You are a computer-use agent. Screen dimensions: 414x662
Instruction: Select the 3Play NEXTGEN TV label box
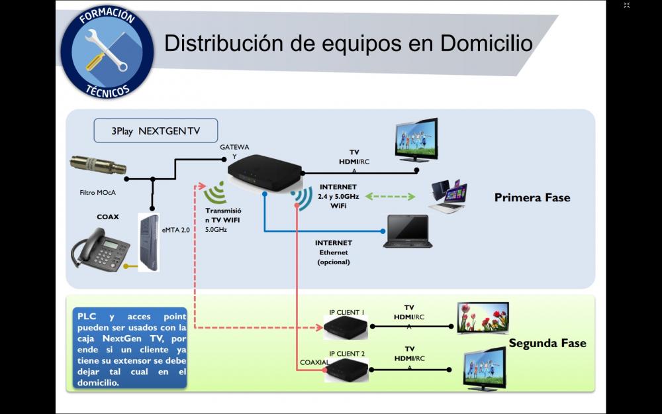pyautogui.click(x=156, y=131)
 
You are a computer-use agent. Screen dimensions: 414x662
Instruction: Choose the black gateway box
pyautogui.click(x=263, y=172)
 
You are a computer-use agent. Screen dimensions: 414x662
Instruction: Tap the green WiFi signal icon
pyautogui.click(x=216, y=194)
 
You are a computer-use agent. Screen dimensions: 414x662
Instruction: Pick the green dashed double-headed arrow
pyautogui.click(x=391, y=197)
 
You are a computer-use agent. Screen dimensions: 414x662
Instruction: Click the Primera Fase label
pyautogui.click(x=532, y=197)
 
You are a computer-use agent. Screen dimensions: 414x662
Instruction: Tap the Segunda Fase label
pyautogui.click(x=547, y=343)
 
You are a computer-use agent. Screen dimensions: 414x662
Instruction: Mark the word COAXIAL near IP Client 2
pyautogui.click(x=314, y=362)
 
